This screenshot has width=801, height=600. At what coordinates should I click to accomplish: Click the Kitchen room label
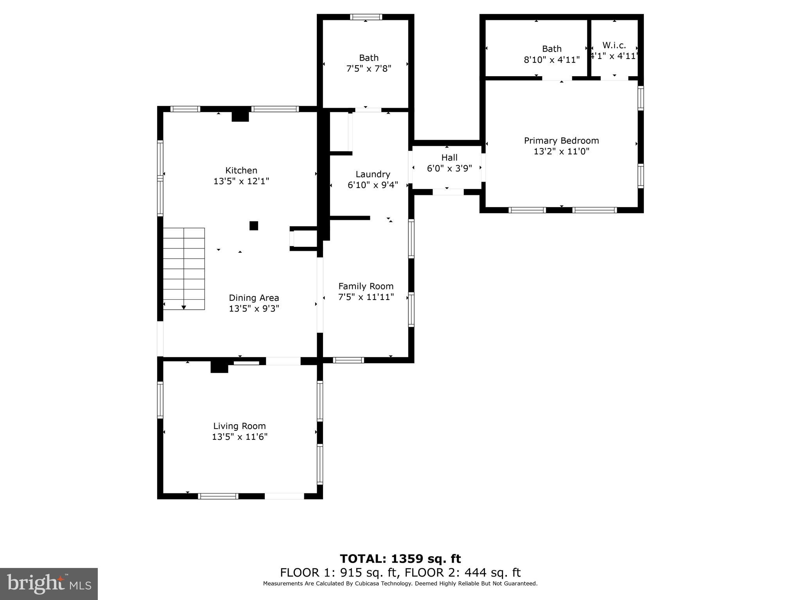tap(241, 170)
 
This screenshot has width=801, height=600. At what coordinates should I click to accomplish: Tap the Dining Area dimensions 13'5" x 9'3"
tap(254, 309)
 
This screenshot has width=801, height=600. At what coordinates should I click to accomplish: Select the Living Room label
tap(239, 426)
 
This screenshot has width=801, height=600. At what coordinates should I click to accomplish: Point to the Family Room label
tap(366, 286)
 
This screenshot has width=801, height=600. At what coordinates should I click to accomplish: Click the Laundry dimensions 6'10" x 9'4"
tap(373, 185)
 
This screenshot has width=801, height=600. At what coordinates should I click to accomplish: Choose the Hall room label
tap(449, 157)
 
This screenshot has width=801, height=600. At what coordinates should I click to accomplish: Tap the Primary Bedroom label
tap(561, 141)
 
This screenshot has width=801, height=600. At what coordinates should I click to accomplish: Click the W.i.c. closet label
tap(614, 45)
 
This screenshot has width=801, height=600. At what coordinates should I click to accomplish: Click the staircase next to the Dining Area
tap(184, 268)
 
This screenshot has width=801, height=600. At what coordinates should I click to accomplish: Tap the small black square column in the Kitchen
tap(254, 226)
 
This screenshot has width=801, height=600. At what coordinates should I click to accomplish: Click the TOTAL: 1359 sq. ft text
tap(400, 559)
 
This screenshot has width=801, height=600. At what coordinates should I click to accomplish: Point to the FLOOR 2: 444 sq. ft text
tap(462, 573)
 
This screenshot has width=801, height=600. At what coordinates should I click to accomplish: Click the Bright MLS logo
tap(49, 584)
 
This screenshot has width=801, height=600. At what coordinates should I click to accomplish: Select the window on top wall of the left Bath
tap(366, 17)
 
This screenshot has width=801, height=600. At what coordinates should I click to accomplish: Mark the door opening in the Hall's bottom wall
tap(448, 192)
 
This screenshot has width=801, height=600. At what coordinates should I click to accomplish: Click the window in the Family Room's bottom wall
tap(348, 360)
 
